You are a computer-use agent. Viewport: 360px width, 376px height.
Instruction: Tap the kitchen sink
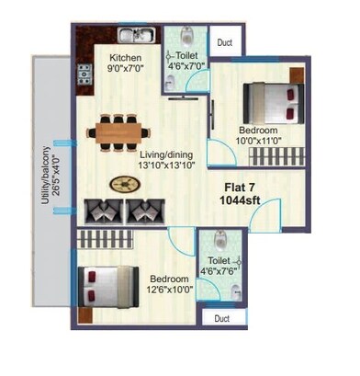pyautogui.click(x=139, y=37)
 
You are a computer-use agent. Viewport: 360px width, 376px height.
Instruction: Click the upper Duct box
pyautogui.click(x=223, y=42)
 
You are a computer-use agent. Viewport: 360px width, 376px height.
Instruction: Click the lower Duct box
pyautogui.click(x=220, y=318)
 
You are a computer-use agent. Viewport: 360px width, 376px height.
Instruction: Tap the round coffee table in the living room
pyautogui.click(x=121, y=184)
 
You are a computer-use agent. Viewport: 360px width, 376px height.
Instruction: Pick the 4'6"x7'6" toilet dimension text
pyautogui.click(x=219, y=271)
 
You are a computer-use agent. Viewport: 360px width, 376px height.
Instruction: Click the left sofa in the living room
pyautogui.click(x=102, y=211)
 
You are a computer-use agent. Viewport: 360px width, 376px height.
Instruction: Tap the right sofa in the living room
pyautogui.click(x=143, y=211)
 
